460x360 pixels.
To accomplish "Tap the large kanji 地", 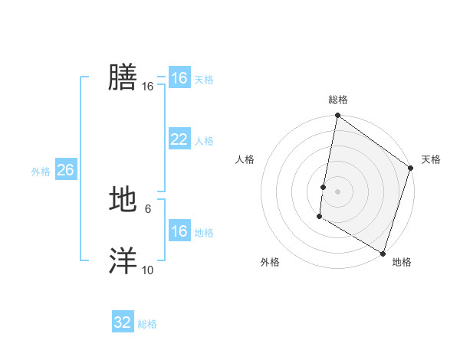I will coord(123,200).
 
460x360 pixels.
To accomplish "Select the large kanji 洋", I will coord(123,261).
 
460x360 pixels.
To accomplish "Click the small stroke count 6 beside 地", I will coord(147,209).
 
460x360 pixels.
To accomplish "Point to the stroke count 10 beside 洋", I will coord(147,270).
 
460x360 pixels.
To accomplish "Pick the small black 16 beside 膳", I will coord(147,87).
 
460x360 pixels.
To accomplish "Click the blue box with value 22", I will coord(179,139).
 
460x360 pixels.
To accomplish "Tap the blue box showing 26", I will coord(65,170).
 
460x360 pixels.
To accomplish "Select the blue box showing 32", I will coord(122,322).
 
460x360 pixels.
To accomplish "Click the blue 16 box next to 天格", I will coord(179,78).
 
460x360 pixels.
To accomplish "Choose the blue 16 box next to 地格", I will coord(179,231).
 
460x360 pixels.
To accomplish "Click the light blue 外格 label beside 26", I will coord(41,172).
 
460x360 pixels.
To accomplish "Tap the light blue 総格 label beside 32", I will coord(147,324).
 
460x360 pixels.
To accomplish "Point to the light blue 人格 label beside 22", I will coord(204,141).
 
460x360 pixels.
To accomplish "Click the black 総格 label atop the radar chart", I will coord(338,100).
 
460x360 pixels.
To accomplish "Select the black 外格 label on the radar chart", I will coord(269,262).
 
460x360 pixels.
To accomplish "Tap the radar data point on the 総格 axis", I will coord(337,116).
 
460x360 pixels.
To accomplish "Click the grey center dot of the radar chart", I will coord(337,191).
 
